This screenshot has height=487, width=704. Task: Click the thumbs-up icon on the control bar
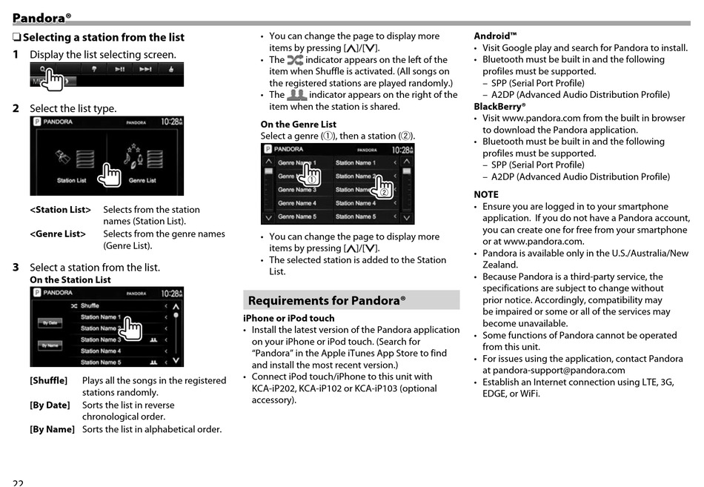coord(171,70)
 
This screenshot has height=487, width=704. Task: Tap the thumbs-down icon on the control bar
coord(95,70)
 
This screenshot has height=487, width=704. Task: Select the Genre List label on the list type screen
coord(142,180)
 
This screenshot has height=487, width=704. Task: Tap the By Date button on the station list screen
coord(50,323)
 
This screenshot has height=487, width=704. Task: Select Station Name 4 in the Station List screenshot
coord(101,351)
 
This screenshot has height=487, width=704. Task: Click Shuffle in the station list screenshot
coord(90,305)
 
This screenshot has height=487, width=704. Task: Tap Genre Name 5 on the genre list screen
coord(296,216)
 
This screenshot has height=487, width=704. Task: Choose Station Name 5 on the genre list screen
coord(356,216)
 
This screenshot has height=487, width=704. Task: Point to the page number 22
coord(18,483)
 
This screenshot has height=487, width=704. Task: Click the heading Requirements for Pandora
coord(327,300)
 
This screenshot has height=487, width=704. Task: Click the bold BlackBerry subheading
coord(499,106)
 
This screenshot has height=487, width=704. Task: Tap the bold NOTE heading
coord(486,194)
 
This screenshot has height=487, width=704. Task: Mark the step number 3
coord(16,267)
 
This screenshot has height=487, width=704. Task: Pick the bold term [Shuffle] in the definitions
coord(48,380)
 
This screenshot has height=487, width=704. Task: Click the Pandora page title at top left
coord(41,17)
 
